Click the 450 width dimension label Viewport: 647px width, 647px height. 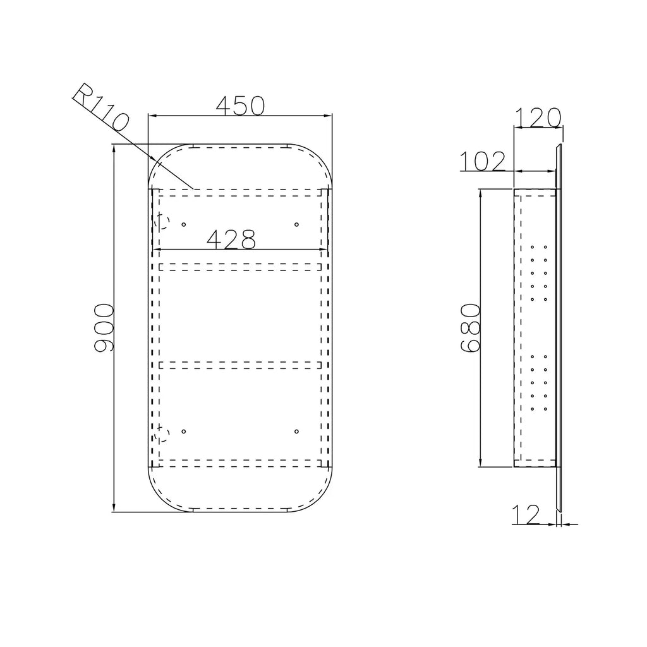click(240, 106)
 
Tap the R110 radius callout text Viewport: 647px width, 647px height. click(101, 107)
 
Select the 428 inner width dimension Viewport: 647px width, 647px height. click(231, 239)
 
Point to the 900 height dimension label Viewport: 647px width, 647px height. click(103, 328)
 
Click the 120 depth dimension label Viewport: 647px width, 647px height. click(538, 118)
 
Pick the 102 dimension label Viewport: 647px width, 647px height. click(482, 161)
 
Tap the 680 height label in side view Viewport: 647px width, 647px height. click(470, 328)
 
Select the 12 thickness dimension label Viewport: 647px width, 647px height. click(526, 514)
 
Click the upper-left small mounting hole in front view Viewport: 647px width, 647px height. click(184, 224)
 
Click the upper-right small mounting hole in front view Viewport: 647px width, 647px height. click(296, 224)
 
